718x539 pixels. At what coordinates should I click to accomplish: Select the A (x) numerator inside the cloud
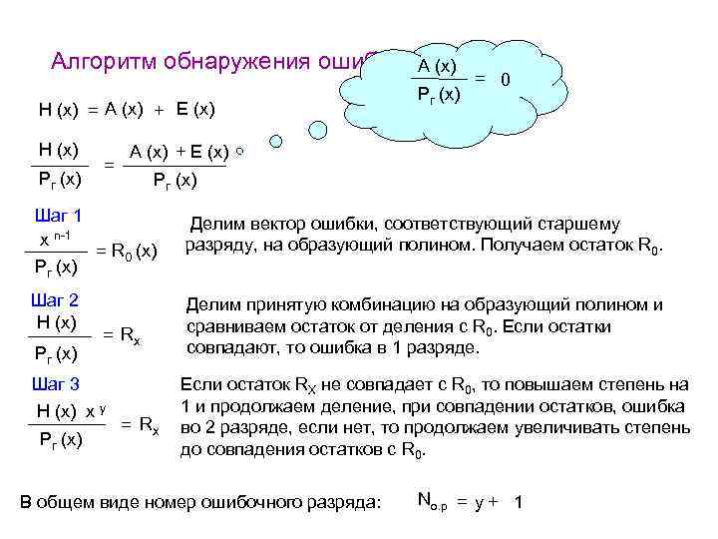pos(437,65)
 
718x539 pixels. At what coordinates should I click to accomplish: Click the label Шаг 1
pos(58,216)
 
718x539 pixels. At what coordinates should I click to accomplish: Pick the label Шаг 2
pos(58,300)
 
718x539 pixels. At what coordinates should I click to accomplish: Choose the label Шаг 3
pos(58,384)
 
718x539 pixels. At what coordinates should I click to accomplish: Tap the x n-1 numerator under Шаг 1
pos(54,240)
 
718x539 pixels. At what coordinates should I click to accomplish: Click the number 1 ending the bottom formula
pos(518,502)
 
